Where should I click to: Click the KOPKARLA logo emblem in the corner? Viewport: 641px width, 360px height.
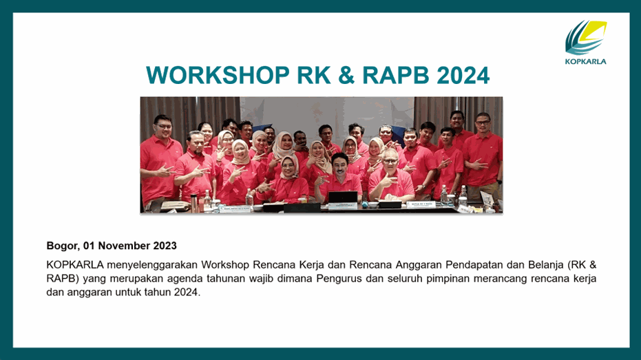point(586,38)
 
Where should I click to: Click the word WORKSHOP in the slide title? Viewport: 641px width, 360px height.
point(218,75)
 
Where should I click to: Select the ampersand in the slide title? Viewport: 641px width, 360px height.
point(346,75)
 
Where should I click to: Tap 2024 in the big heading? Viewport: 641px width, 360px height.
point(463,75)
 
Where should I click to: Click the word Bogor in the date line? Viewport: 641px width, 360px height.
point(62,246)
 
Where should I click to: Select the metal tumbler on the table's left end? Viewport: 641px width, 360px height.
point(193,203)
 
